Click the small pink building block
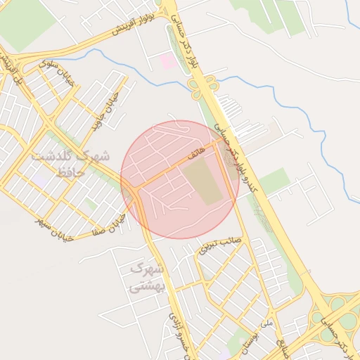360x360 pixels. pos(168,61)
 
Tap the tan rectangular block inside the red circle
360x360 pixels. pos(207,181)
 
